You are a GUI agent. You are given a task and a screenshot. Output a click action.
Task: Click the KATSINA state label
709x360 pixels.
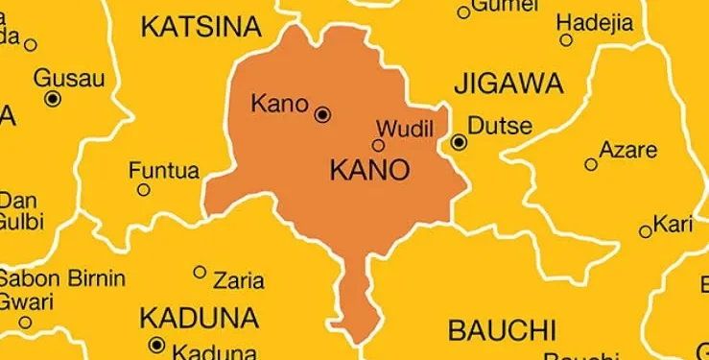coord(201,27)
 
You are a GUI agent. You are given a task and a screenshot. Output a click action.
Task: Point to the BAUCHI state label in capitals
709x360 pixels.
coord(502,330)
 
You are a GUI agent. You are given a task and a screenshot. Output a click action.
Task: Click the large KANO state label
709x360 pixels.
coord(369,172)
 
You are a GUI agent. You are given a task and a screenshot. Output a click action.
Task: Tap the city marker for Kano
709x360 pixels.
coord(322,114)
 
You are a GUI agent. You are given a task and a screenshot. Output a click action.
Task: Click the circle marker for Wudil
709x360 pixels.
coord(378,146)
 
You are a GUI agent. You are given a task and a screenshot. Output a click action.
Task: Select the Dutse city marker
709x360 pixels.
coord(459,142)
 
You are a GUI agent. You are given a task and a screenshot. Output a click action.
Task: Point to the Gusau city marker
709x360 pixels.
coord(53,98)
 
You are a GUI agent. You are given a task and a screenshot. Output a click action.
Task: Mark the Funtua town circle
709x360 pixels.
coord(143,190)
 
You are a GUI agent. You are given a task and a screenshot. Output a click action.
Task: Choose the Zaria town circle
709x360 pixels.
coord(200,272)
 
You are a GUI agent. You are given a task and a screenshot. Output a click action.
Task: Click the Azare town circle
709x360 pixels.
coord(591,164)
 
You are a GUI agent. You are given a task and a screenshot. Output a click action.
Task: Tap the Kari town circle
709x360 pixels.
coord(645,231)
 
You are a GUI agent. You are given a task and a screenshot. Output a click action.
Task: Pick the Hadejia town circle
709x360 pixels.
coord(566,40)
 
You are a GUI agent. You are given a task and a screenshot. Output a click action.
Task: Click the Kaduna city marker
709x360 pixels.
coord(156,345)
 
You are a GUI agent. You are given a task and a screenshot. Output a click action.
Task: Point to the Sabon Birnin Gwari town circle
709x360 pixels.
coord(26,323)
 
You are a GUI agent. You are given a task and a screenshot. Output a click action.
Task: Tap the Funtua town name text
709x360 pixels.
coord(164,172)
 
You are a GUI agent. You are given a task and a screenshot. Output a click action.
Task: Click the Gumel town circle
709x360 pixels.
coord(464,12)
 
